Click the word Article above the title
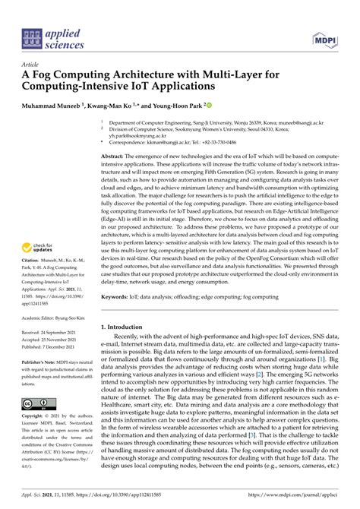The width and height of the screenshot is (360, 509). point(30,65)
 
